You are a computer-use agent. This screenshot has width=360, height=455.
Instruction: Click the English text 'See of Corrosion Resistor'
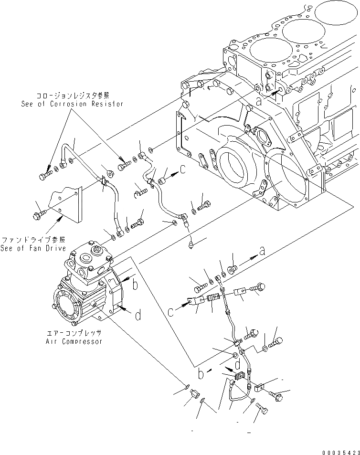72,104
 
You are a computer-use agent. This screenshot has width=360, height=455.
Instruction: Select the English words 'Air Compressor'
74,341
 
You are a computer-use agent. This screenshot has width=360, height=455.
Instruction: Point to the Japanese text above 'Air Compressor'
74,333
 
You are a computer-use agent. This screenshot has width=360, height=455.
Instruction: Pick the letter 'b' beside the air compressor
135,285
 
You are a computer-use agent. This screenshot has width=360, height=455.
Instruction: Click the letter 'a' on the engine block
259,101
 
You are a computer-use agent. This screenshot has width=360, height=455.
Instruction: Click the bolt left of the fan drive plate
38,216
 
